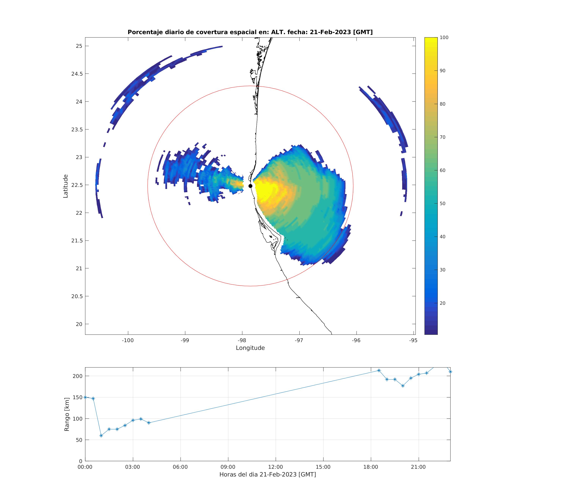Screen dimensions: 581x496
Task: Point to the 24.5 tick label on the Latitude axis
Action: pos(76,74)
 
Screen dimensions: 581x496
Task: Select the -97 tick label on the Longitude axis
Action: pos(299,340)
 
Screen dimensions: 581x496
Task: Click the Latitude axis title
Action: pos(66,186)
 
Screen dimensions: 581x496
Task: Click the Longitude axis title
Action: pos(250,348)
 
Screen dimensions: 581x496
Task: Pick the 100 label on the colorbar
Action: pos(444,38)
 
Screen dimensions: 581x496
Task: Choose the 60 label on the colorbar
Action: pos(442,170)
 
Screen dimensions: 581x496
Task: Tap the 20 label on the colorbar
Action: pos(442,303)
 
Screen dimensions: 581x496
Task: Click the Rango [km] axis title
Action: pos(67,415)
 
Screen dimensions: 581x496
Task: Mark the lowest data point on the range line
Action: pos(101,436)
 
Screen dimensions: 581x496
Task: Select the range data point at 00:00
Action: pos(85,397)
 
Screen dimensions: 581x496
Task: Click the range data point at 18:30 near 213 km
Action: pos(379,371)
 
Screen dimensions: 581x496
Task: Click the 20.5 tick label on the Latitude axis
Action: pos(76,296)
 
